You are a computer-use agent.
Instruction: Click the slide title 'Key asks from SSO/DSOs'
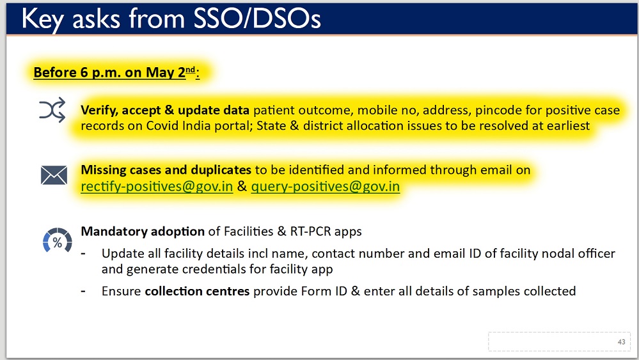click(171, 19)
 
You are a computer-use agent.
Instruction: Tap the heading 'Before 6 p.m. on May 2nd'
click(116, 72)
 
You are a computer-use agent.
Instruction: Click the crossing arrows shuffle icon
click(52, 110)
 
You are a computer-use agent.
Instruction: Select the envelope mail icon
click(54, 175)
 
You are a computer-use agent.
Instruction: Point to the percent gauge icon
click(58, 240)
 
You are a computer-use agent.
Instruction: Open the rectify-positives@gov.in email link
click(157, 186)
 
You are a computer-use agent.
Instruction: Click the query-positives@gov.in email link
click(325, 186)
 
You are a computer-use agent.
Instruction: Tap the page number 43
click(622, 342)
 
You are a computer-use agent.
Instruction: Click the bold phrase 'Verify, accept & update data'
click(165, 111)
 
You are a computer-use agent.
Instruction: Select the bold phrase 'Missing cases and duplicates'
click(166, 170)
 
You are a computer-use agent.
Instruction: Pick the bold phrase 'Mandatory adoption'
click(143, 231)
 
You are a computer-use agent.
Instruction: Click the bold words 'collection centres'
click(197, 291)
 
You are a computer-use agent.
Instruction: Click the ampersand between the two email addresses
click(242, 186)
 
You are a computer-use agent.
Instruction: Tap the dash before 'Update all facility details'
click(84, 254)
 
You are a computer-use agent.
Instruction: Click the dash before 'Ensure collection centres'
click(84, 292)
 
